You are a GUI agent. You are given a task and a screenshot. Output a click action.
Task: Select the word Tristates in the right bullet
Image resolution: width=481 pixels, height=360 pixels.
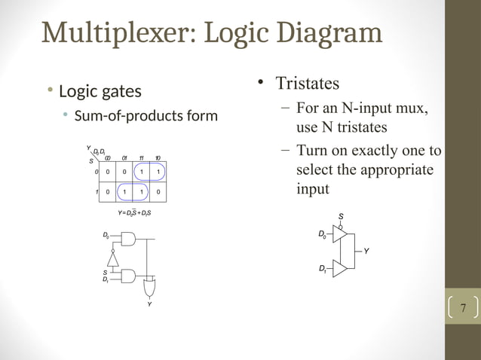click(307, 82)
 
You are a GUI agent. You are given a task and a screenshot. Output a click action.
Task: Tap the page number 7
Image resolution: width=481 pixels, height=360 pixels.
click(463, 309)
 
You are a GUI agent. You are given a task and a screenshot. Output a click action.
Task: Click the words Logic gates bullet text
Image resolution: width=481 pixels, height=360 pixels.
click(100, 92)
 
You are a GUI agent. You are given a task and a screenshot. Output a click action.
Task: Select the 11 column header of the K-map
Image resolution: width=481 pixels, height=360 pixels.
click(141, 157)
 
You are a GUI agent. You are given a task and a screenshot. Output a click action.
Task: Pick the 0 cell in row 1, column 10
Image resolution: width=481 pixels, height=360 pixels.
click(158, 191)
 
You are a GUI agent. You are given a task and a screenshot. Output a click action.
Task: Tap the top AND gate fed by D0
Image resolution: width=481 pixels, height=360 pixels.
click(128, 239)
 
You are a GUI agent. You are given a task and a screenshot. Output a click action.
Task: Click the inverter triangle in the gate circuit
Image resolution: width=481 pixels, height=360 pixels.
click(113, 259)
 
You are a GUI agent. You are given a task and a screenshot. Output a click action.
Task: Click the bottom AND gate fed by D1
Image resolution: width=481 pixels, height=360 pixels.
click(128, 276)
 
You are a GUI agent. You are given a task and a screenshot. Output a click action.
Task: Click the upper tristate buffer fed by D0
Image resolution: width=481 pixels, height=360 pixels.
click(339, 236)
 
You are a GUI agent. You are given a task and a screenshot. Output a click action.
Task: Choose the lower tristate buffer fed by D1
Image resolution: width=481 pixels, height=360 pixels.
click(339, 268)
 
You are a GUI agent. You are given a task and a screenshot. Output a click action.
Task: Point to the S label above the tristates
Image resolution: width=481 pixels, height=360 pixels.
click(341, 216)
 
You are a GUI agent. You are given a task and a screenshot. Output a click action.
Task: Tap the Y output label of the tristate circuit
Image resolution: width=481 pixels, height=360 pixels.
click(366, 252)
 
